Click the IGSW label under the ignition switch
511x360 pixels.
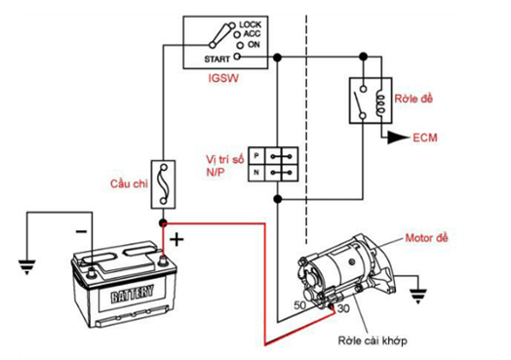(223, 78)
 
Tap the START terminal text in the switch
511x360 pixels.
(216, 59)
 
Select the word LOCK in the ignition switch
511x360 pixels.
(251, 24)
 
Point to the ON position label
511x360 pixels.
(254, 44)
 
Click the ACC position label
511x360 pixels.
(252, 34)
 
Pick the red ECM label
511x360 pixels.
(425, 138)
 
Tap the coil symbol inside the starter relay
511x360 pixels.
(380, 101)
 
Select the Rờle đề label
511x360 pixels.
(413, 99)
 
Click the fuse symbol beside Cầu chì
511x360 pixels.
(163, 184)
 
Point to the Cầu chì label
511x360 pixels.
(129, 184)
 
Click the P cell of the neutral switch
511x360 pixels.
(256, 155)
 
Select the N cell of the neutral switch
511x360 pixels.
(256, 173)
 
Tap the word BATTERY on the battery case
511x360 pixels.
(132, 295)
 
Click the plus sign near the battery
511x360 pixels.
(177, 240)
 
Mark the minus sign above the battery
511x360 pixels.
(81, 231)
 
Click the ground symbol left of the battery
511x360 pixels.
(26, 266)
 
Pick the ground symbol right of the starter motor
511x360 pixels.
(418, 296)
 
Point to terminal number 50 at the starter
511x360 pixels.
(300, 305)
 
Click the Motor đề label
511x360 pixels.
(426, 238)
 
